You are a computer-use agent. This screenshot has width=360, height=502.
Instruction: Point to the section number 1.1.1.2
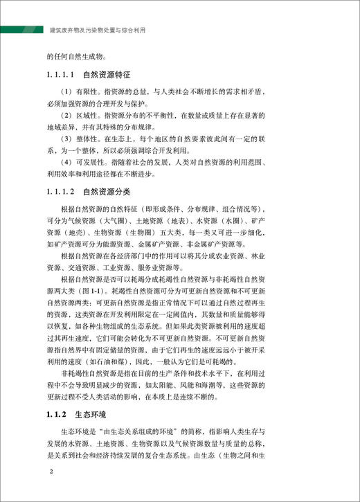(62, 190)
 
